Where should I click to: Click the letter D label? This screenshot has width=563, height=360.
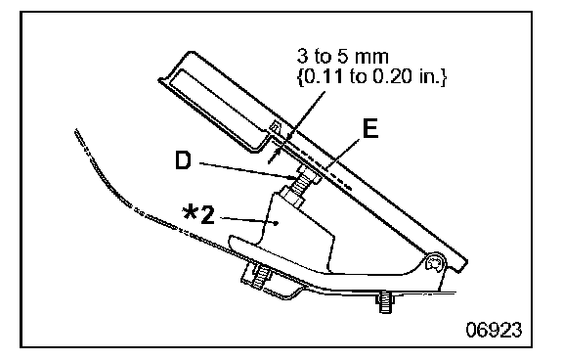click(183, 160)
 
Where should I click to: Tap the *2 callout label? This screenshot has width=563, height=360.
click(198, 215)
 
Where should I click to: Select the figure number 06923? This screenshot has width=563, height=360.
click(494, 329)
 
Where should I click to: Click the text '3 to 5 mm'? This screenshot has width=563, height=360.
click(342, 57)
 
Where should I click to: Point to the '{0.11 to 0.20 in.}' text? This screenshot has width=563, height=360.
click(371, 77)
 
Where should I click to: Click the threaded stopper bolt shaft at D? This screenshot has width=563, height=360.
click(298, 184)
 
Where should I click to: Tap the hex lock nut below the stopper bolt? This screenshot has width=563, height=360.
click(292, 198)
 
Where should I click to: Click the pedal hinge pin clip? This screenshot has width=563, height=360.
click(433, 263)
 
